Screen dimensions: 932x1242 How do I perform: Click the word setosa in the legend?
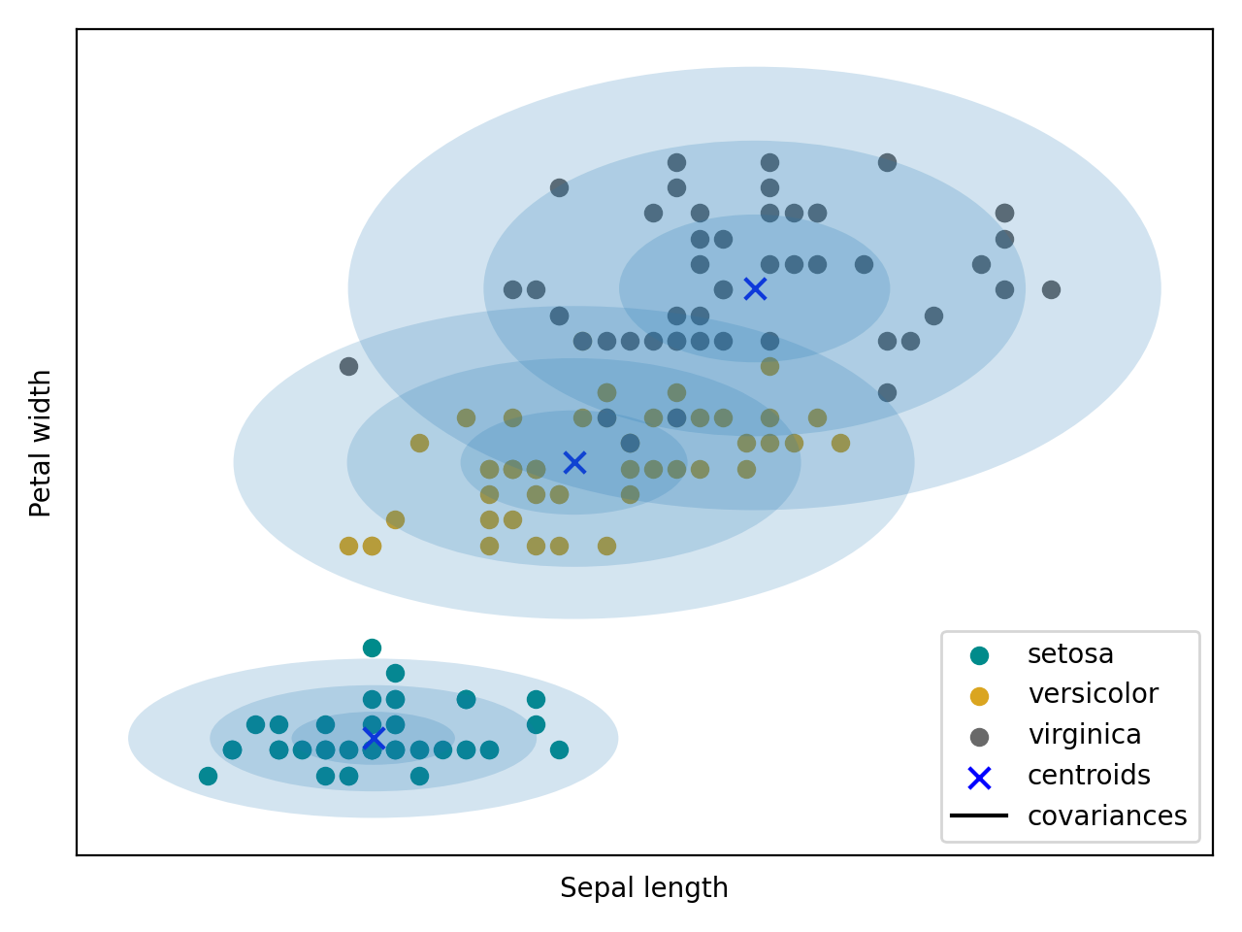click(1070, 654)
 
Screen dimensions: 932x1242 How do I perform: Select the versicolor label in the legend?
click(1093, 694)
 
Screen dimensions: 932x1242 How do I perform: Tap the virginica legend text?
click(1084, 735)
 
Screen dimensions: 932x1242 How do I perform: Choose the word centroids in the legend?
click(1089, 776)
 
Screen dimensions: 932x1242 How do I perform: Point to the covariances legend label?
click(1106, 815)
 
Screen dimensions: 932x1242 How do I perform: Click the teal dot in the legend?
click(979, 655)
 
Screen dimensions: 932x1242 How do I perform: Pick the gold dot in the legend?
click(979, 696)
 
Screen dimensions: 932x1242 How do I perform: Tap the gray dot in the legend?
click(979, 737)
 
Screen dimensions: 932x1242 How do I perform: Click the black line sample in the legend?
click(979, 815)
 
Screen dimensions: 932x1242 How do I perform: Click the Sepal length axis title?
click(643, 888)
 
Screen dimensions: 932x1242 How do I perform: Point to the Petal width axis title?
click(41, 443)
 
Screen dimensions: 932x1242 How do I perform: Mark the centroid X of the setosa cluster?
click(374, 739)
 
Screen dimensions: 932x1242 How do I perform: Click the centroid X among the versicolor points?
click(574, 462)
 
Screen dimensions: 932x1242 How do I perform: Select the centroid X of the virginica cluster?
click(755, 288)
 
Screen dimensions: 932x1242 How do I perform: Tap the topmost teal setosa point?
click(372, 648)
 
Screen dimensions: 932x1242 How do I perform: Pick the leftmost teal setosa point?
click(208, 776)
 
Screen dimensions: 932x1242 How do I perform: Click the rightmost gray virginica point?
click(1051, 289)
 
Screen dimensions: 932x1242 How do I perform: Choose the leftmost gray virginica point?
click(348, 366)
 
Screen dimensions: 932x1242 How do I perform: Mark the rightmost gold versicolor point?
click(840, 443)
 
